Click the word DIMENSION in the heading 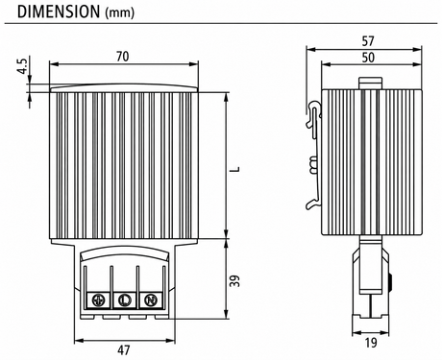[59, 12]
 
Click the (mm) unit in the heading [120, 13]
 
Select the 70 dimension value [123, 57]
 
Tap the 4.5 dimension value [22, 66]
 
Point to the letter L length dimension [235, 169]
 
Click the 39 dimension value [235, 280]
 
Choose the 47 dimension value [124, 350]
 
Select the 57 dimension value [368, 41]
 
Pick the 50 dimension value [368, 58]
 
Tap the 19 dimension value [371, 343]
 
